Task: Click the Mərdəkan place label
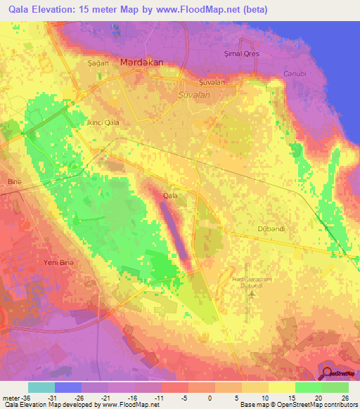tap(141, 62)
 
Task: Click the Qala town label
tap(170, 195)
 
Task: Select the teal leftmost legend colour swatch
tap(41, 387)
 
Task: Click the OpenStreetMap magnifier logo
tap(328, 374)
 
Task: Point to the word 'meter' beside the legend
tap(11, 396)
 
